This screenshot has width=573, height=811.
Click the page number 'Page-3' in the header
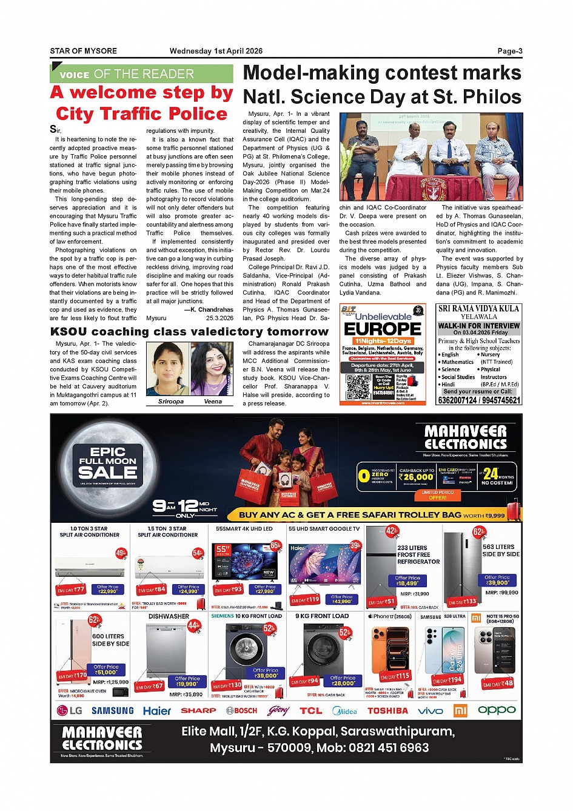point(509,51)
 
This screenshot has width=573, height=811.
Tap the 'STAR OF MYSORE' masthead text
point(84,51)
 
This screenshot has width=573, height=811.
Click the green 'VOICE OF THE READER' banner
point(141,74)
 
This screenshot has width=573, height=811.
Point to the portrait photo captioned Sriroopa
point(168,369)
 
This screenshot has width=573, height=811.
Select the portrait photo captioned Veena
point(212,369)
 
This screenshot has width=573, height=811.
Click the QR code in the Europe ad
point(358,387)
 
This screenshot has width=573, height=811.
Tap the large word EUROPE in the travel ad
point(383,329)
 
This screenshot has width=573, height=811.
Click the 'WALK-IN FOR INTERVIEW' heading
point(478,326)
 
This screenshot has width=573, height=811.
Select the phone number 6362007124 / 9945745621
point(478,400)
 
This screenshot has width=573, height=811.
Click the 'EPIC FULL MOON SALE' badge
point(108,465)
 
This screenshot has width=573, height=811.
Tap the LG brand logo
point(70,710)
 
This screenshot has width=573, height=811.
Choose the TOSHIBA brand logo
point(387,710)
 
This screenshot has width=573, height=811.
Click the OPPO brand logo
point(497,710)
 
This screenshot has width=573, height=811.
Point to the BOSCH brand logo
point(241,710)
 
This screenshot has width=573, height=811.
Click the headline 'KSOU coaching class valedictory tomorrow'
point(189,332)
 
